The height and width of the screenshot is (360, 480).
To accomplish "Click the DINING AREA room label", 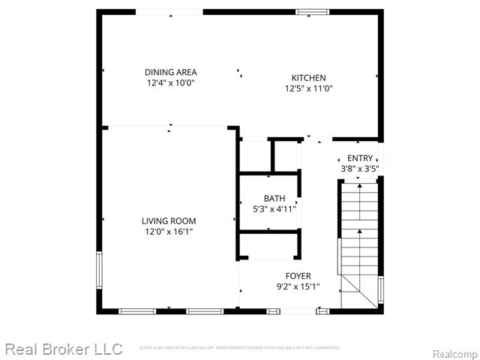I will [x=171, y=72].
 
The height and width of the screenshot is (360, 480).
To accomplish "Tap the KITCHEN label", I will [x=308, y=77].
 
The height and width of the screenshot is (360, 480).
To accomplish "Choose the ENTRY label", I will [x=360, y=158].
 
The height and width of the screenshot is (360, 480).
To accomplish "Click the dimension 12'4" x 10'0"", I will [x=171, y=83].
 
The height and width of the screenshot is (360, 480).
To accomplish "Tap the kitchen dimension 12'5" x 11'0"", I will [x=308, y=88].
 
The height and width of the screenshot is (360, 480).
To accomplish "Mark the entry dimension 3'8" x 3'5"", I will [x=360, y=169].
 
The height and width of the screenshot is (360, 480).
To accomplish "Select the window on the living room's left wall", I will [x=98, y=270].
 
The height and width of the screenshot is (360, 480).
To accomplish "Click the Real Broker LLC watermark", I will [x=63, y=349].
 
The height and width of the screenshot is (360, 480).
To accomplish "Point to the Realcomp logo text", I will [x=454, y=353].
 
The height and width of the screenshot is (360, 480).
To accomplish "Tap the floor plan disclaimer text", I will [x=240, y=348].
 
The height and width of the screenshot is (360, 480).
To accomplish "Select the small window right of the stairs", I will [x=381, y=289].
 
